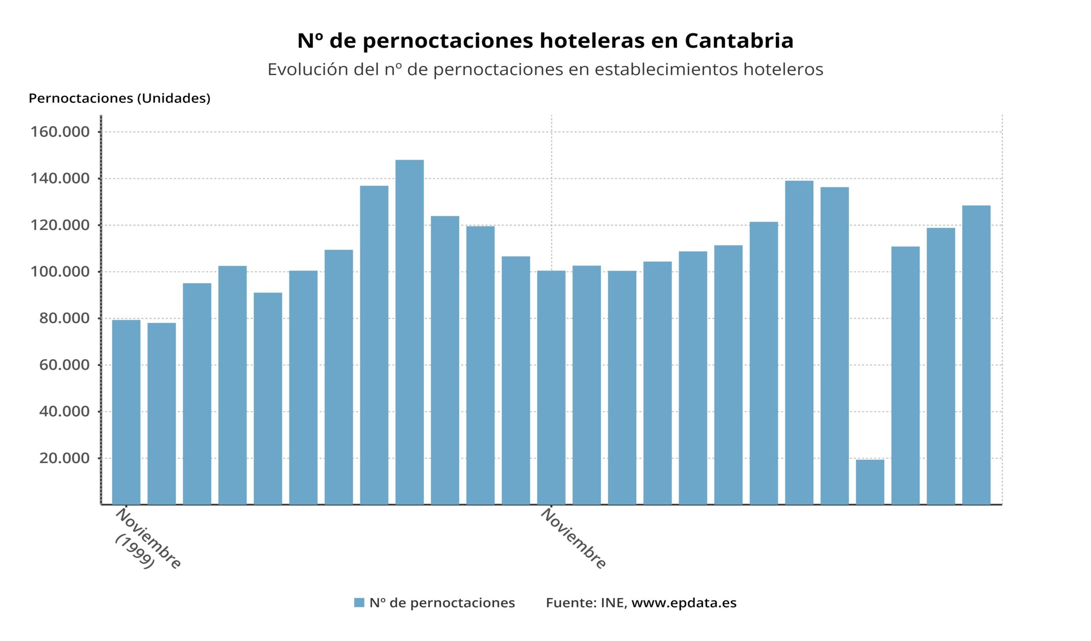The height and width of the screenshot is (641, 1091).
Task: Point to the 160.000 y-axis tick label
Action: [x=60, y=132]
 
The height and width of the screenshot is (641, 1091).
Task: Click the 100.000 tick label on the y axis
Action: [x=60, y=272]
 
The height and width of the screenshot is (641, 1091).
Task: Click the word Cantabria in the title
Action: [x=739, y=41]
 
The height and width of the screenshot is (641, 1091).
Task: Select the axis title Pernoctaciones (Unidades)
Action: [x=119, y=99]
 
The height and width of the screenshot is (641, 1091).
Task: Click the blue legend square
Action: [x=359, y=603]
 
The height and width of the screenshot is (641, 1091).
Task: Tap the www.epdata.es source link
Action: [x=684, y=603]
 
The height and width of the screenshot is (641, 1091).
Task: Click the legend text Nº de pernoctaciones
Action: [x=442, y=603]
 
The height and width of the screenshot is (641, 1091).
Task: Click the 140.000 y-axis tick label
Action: [x=60, y=178]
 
